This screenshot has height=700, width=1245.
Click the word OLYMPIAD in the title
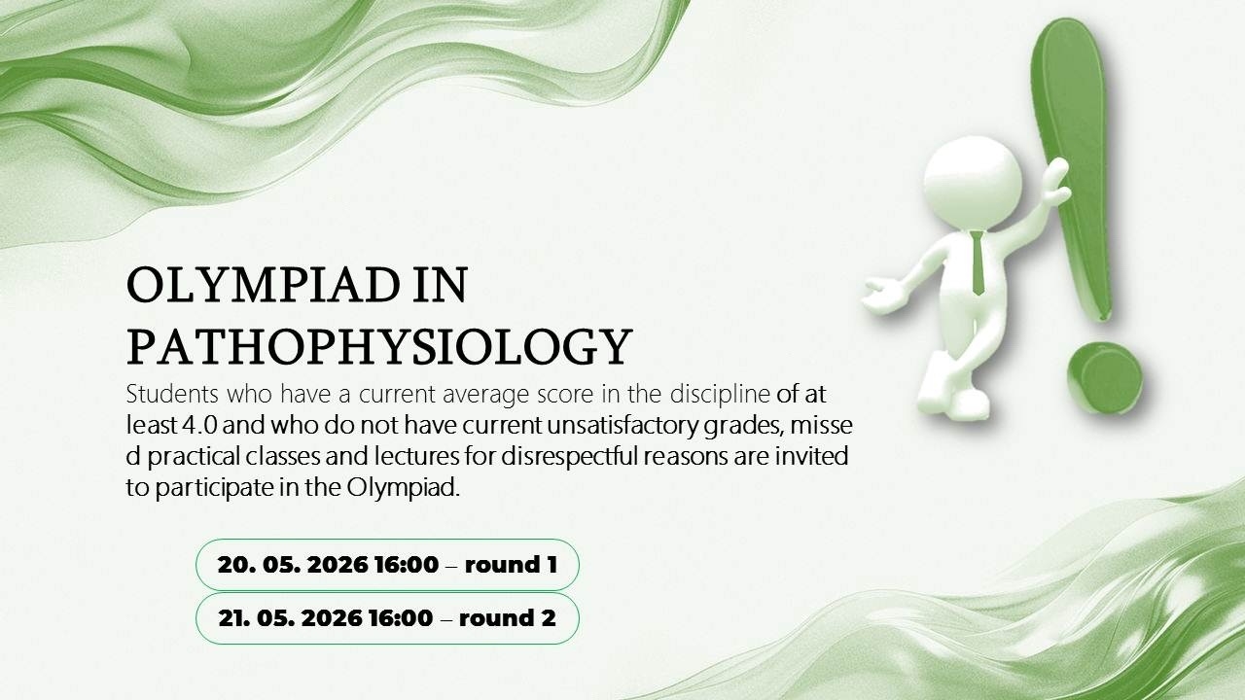click(263, 285)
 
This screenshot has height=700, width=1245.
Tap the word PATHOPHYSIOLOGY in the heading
click(379, 347)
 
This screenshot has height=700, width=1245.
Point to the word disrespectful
click(569, 456)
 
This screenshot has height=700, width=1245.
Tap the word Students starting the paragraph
click(172, 394)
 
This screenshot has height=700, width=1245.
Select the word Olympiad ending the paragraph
click(404, 488)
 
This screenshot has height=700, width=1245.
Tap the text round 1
click(511, 565)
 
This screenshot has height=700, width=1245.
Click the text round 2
click(508, 617)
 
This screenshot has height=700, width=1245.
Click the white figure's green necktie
click(978, 262)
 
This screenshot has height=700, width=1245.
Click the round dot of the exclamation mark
click(1104, 378)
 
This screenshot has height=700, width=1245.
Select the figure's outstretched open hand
click(884, 295)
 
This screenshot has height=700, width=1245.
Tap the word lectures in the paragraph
click(417, 456)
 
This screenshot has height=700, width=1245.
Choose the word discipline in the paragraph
click(720, 394)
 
